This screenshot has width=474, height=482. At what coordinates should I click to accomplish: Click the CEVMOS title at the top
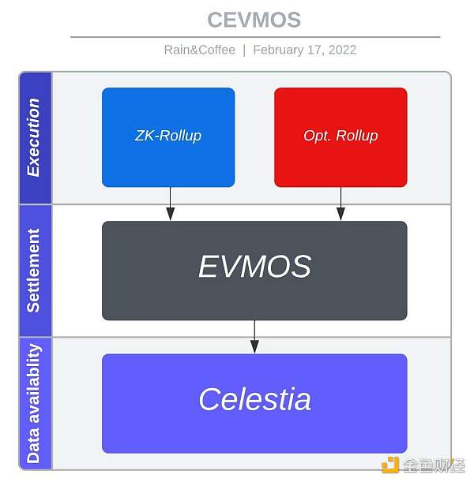point(254,19)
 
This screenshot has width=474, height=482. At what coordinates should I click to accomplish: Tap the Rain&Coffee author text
point(199,50)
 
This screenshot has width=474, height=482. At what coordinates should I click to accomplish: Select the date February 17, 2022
point(304,50)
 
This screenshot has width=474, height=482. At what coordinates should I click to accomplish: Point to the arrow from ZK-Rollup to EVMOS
point(170,204)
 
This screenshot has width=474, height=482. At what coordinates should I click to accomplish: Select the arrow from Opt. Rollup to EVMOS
point(340,204)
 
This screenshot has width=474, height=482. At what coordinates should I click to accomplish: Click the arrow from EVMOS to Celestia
point(254,337)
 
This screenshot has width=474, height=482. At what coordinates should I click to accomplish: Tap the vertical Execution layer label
point(34,137)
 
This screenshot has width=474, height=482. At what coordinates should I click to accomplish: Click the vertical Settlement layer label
point(34,271)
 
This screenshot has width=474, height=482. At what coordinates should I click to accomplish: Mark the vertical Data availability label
point(34,403)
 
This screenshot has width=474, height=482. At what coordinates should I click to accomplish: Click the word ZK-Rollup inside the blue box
point(168,136)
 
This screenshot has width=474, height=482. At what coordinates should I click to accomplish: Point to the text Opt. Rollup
point(340,136)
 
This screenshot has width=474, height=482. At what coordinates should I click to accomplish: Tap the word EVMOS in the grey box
point(254,267)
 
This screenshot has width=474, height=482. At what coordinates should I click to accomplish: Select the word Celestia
point(254,399)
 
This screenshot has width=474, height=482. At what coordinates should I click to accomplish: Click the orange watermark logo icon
point(390,465)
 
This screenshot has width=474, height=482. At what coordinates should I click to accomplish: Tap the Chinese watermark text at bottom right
point(434,465)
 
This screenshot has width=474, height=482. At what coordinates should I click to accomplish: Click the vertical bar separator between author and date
point(244,50)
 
